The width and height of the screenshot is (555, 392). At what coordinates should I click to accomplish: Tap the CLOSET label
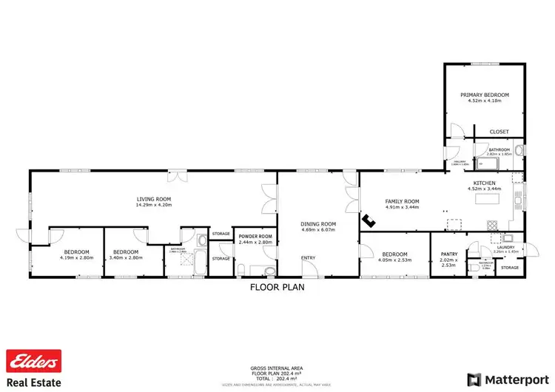499,132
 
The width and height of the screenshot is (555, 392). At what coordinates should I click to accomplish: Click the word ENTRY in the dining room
306,257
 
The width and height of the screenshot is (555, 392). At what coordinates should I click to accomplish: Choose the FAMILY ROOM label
402,201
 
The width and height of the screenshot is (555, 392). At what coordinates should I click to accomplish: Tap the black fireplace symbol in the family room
366,220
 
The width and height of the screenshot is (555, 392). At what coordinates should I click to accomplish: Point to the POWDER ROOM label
255,237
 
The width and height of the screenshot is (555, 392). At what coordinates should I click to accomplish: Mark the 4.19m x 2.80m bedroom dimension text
75,258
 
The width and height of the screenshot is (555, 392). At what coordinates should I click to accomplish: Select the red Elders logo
33,360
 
